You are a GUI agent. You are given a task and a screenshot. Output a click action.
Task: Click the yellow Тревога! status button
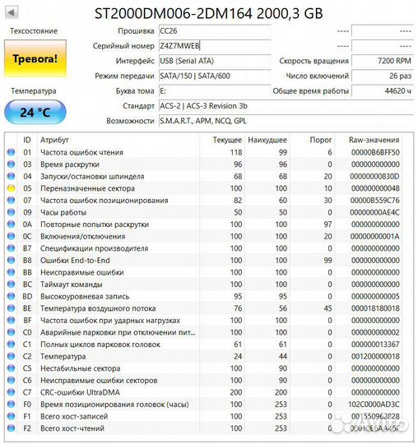click(x=34, y=59)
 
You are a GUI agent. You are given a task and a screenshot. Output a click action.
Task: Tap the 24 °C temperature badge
click(x=34, y=113)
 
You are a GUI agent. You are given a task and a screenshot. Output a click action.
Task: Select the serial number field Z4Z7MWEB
click(x=179, y=46)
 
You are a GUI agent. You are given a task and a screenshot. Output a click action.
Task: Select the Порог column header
click(x=321, y=141)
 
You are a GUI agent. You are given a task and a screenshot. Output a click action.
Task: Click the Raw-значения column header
click(x=374, y=141)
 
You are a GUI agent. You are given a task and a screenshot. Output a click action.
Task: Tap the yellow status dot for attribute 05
click(x=11, y=188)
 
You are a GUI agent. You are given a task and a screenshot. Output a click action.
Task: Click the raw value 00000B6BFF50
click(x=374, y=152)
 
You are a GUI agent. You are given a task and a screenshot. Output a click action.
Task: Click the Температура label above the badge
click(x=33, y=91)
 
